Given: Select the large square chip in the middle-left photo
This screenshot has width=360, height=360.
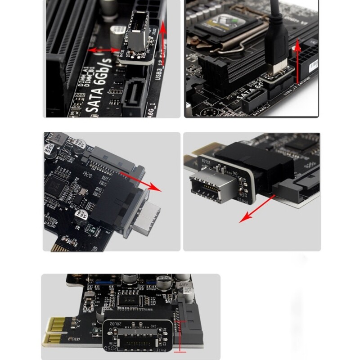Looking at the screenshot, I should click(x=61, y=184).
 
